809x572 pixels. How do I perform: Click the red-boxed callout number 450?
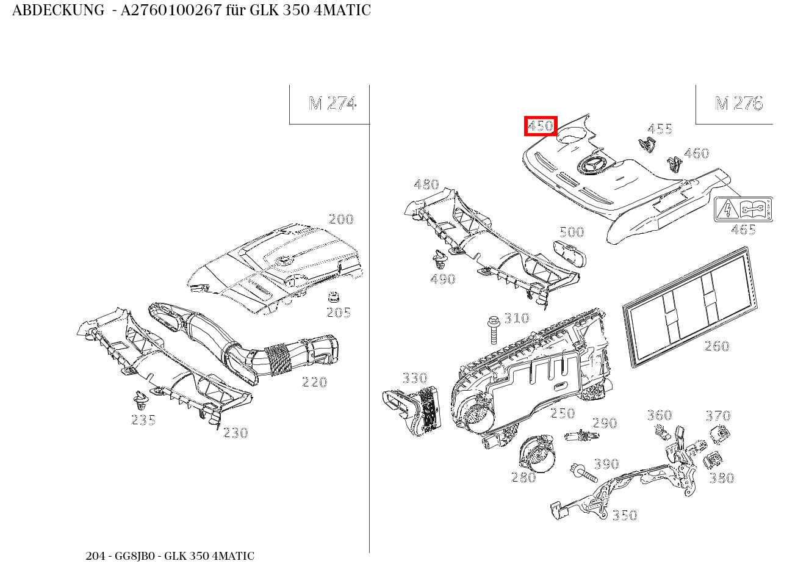click(x=541, y=126)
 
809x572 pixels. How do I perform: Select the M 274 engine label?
click(x=332, y=103)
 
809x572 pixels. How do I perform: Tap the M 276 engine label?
click(x=738, y=103)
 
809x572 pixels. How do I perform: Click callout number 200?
click(x=341, y=219)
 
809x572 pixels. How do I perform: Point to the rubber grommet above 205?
click(x=334, y=298)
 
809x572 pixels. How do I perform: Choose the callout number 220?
click(x=315, y=382)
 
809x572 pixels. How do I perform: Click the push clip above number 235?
click(x=142, y=400)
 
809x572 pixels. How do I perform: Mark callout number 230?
click(x=236, y=433)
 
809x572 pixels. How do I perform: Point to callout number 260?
click(x=717, y=346)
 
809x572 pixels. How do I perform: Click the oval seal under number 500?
click(x=569, y=253)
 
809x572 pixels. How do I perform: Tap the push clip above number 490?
click(x=439, y=261)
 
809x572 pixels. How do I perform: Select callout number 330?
click(x=415, y=378)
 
